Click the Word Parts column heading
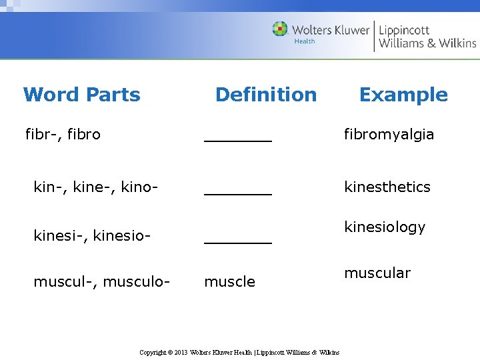[81, 95]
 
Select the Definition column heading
[266, 95]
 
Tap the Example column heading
[403, 95]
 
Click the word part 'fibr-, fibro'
[63, 135]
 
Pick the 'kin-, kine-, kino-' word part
[96, 187]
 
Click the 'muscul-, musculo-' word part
[101, 282]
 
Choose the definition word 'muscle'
[229, 282]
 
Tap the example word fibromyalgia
[389, 135]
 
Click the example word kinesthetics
[387, 187]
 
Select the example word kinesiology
[385, 227]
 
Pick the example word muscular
[377, 273]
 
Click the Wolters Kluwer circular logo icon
[280, 29]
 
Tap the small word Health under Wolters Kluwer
[304, 41]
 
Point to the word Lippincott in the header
[404, 30]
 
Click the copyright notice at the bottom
[239, 352]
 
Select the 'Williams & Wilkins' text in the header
[427, 43]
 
